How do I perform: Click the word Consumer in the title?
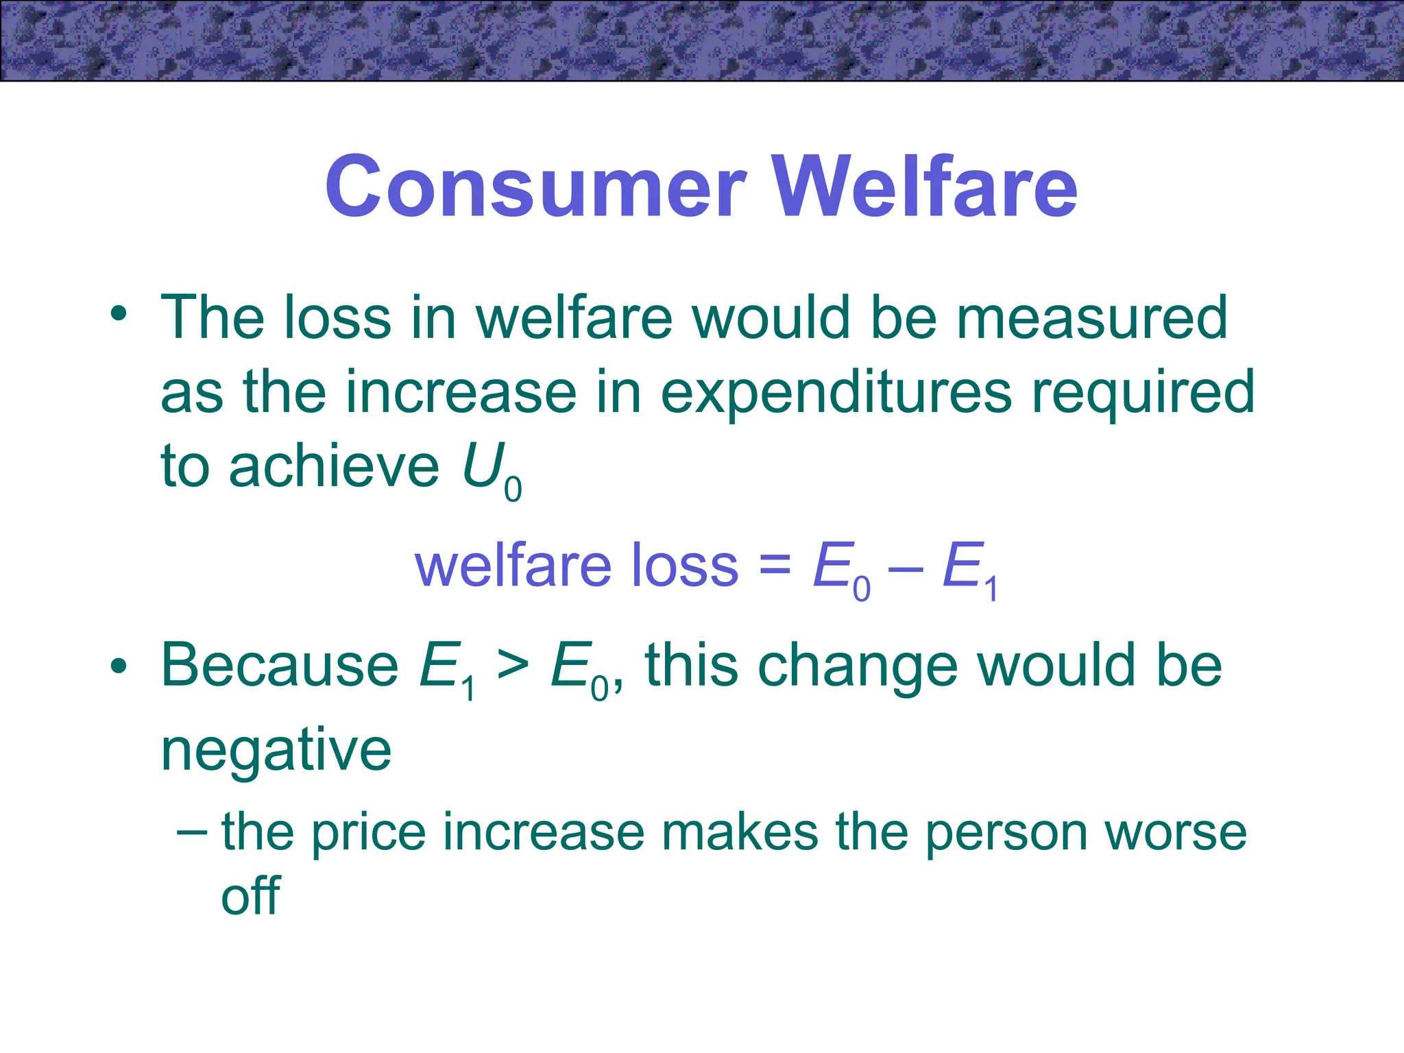[x=535, y=186]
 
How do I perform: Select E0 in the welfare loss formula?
[x=840, y=569]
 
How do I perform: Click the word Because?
[x=279, y=665]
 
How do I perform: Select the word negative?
[x=276, y=751]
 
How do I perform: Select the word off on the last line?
[x=250, y=895]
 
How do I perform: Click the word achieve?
[x=334, y=467]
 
